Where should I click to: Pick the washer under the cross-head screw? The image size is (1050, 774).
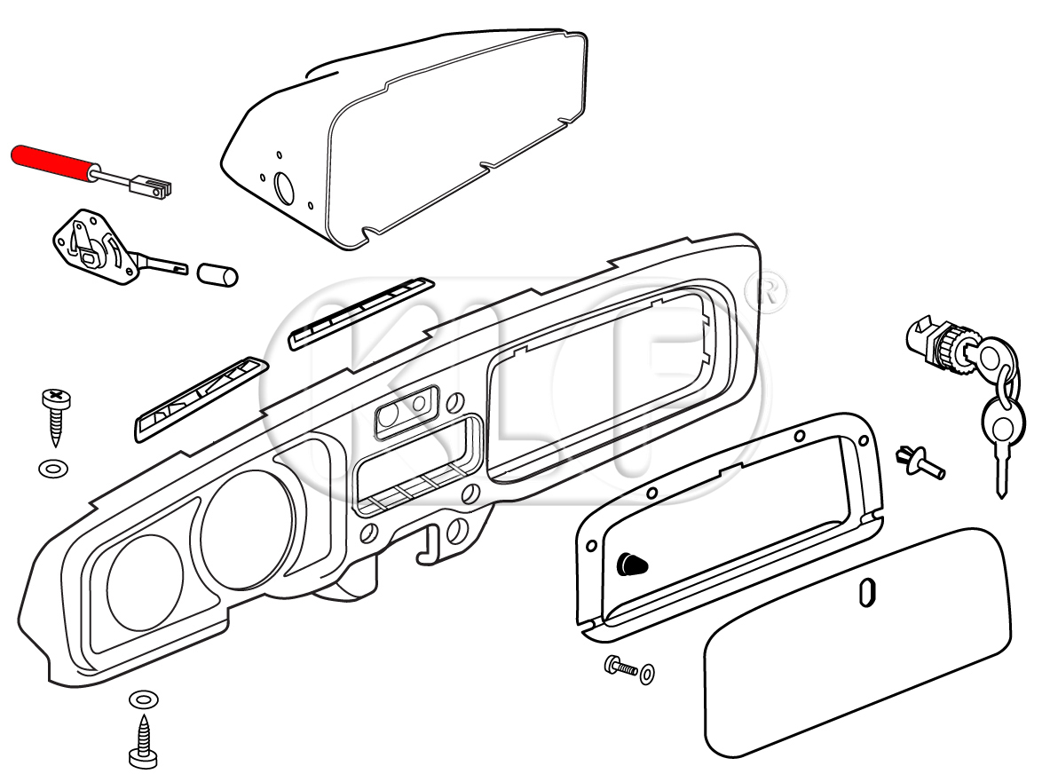(x=53, y=467)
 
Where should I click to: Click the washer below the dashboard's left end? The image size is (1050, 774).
(x=141, y=699)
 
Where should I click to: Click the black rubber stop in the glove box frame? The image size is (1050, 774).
(x=631, y=562)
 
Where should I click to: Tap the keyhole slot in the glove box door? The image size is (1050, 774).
(x=867, y=593)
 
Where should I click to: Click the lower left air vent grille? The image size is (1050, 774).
(x=201, y=399)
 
